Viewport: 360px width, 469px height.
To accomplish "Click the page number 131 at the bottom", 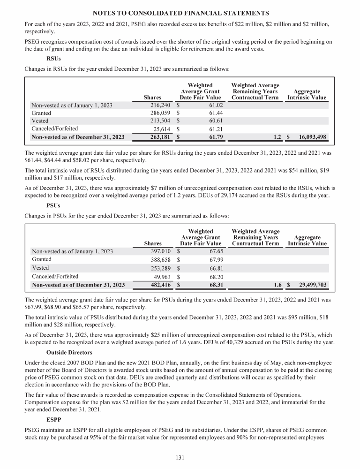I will pos(180,458).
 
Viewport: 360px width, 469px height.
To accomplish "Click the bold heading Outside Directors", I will pos(69,340).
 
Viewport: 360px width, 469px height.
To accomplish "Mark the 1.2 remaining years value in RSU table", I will pos(277,137).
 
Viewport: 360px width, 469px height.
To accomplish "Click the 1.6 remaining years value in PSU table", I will pos(277,285).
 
